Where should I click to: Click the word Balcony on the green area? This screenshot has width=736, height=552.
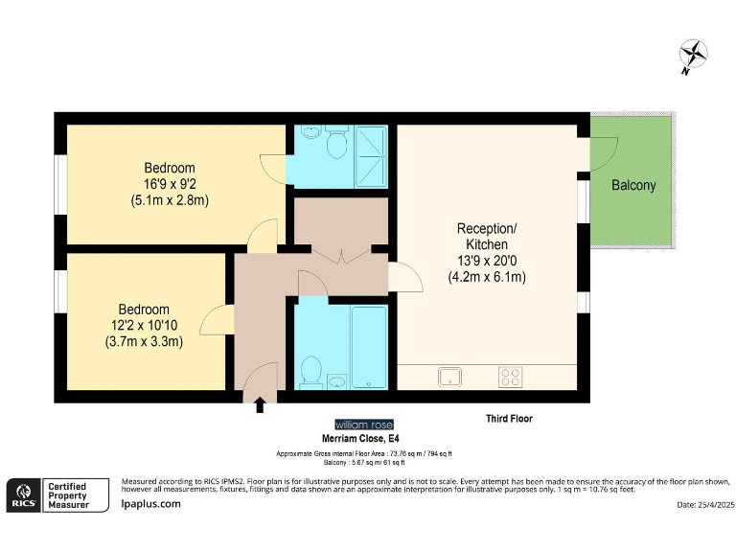(633, 185)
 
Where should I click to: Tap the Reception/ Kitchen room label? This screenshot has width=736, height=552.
(487, 236)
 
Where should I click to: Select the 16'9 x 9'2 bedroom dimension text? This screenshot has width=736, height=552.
(170, 184)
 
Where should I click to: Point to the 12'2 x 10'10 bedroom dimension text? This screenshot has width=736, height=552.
(144, 326)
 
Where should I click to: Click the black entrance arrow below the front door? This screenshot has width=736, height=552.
(260, 406)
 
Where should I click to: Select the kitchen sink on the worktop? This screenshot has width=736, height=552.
(451, 377)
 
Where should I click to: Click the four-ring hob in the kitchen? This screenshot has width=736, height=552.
(510, 377)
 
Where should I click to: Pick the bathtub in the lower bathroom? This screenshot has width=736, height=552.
(368, 347)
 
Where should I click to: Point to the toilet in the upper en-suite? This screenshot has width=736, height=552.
(336, 144)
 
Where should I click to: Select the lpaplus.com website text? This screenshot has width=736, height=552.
(151, 503)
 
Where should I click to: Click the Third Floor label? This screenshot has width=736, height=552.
(509, 419)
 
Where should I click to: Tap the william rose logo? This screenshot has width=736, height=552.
(363, 425)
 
